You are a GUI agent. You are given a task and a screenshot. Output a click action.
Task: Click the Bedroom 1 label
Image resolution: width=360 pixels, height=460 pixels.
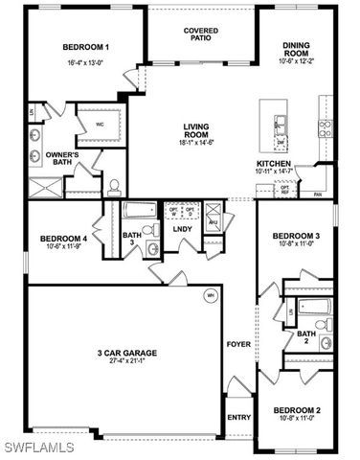coord(86,46)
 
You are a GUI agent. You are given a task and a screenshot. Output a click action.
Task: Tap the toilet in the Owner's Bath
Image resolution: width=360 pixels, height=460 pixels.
coord(113,184)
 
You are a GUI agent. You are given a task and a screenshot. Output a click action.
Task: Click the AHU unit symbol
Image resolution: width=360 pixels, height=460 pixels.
coord(214,221)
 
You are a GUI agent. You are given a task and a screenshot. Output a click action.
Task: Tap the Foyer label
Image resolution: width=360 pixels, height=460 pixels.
coord(237,343)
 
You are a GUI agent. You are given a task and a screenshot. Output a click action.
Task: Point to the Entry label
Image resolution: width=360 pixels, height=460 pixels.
coord(238,417)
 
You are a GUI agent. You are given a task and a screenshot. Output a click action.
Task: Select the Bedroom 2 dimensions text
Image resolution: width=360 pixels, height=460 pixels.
coord(296,418)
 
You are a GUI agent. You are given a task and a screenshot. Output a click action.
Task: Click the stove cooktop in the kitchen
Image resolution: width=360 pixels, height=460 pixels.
coord(325,122)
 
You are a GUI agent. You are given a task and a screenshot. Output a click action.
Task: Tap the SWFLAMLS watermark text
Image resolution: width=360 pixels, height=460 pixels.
coord(34,448)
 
